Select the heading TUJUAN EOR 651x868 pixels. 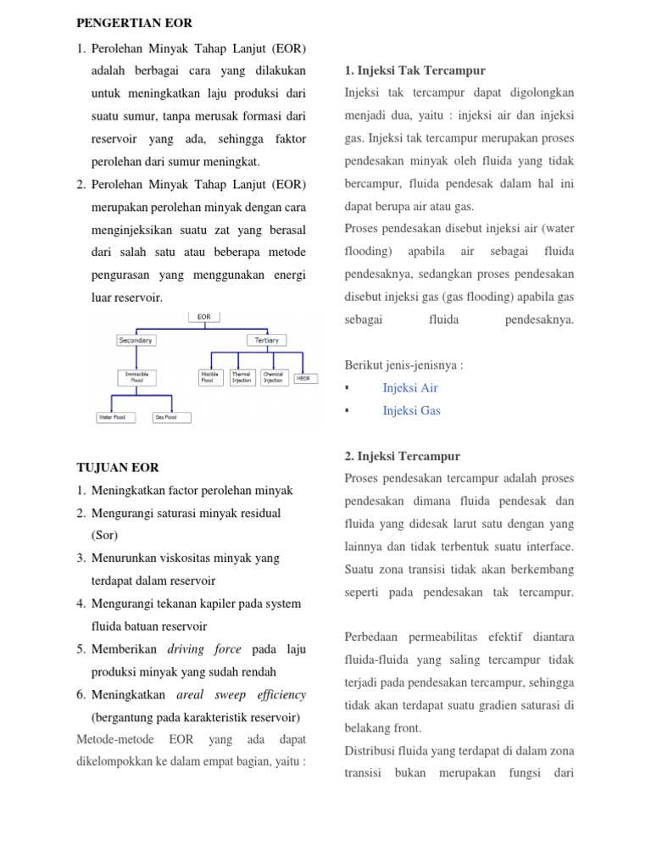(x=118, y=467)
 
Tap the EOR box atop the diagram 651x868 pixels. (x=203, y=317)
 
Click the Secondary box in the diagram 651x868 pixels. (x=136, y=340)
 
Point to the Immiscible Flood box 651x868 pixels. (x=136, y=376)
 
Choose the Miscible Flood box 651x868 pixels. (x=210, y=376)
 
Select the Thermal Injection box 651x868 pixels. (x=242, y=376)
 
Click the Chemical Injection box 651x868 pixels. (x=273, y=376)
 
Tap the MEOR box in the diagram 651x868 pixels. (x=302, y=378)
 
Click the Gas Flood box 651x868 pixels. (x=171, y=417)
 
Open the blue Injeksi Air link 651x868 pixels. (x=410, y=387)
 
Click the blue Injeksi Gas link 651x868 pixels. (x=411, y=410)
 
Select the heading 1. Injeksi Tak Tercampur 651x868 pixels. (x=415, y=70)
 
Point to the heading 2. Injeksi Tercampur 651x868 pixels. (x=402, y=456)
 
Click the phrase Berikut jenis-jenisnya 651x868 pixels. (x=403, y=364)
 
